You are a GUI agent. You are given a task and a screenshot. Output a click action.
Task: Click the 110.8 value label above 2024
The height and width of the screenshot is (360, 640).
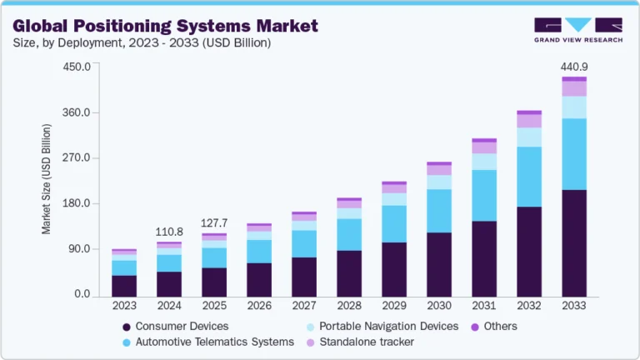(x=169, y=231)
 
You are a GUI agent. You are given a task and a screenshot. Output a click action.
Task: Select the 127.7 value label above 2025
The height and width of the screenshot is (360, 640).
(x=214, y=222)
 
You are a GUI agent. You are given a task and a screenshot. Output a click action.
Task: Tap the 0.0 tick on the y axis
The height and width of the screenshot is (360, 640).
(x=82, y=294)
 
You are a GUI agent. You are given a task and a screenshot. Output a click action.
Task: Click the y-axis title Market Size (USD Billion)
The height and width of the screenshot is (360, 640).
(x=47, y=179)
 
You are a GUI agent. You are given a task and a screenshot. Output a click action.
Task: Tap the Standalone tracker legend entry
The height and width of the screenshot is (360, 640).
(x=366, y=342)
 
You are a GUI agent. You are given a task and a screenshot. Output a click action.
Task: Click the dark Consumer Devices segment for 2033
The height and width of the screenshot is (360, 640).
(x=574, y=242)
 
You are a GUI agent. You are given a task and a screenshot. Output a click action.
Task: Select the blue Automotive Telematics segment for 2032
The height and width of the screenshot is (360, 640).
(x=529, y=177)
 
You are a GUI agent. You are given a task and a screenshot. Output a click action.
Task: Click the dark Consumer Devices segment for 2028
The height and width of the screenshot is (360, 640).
(x=349, y=272)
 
